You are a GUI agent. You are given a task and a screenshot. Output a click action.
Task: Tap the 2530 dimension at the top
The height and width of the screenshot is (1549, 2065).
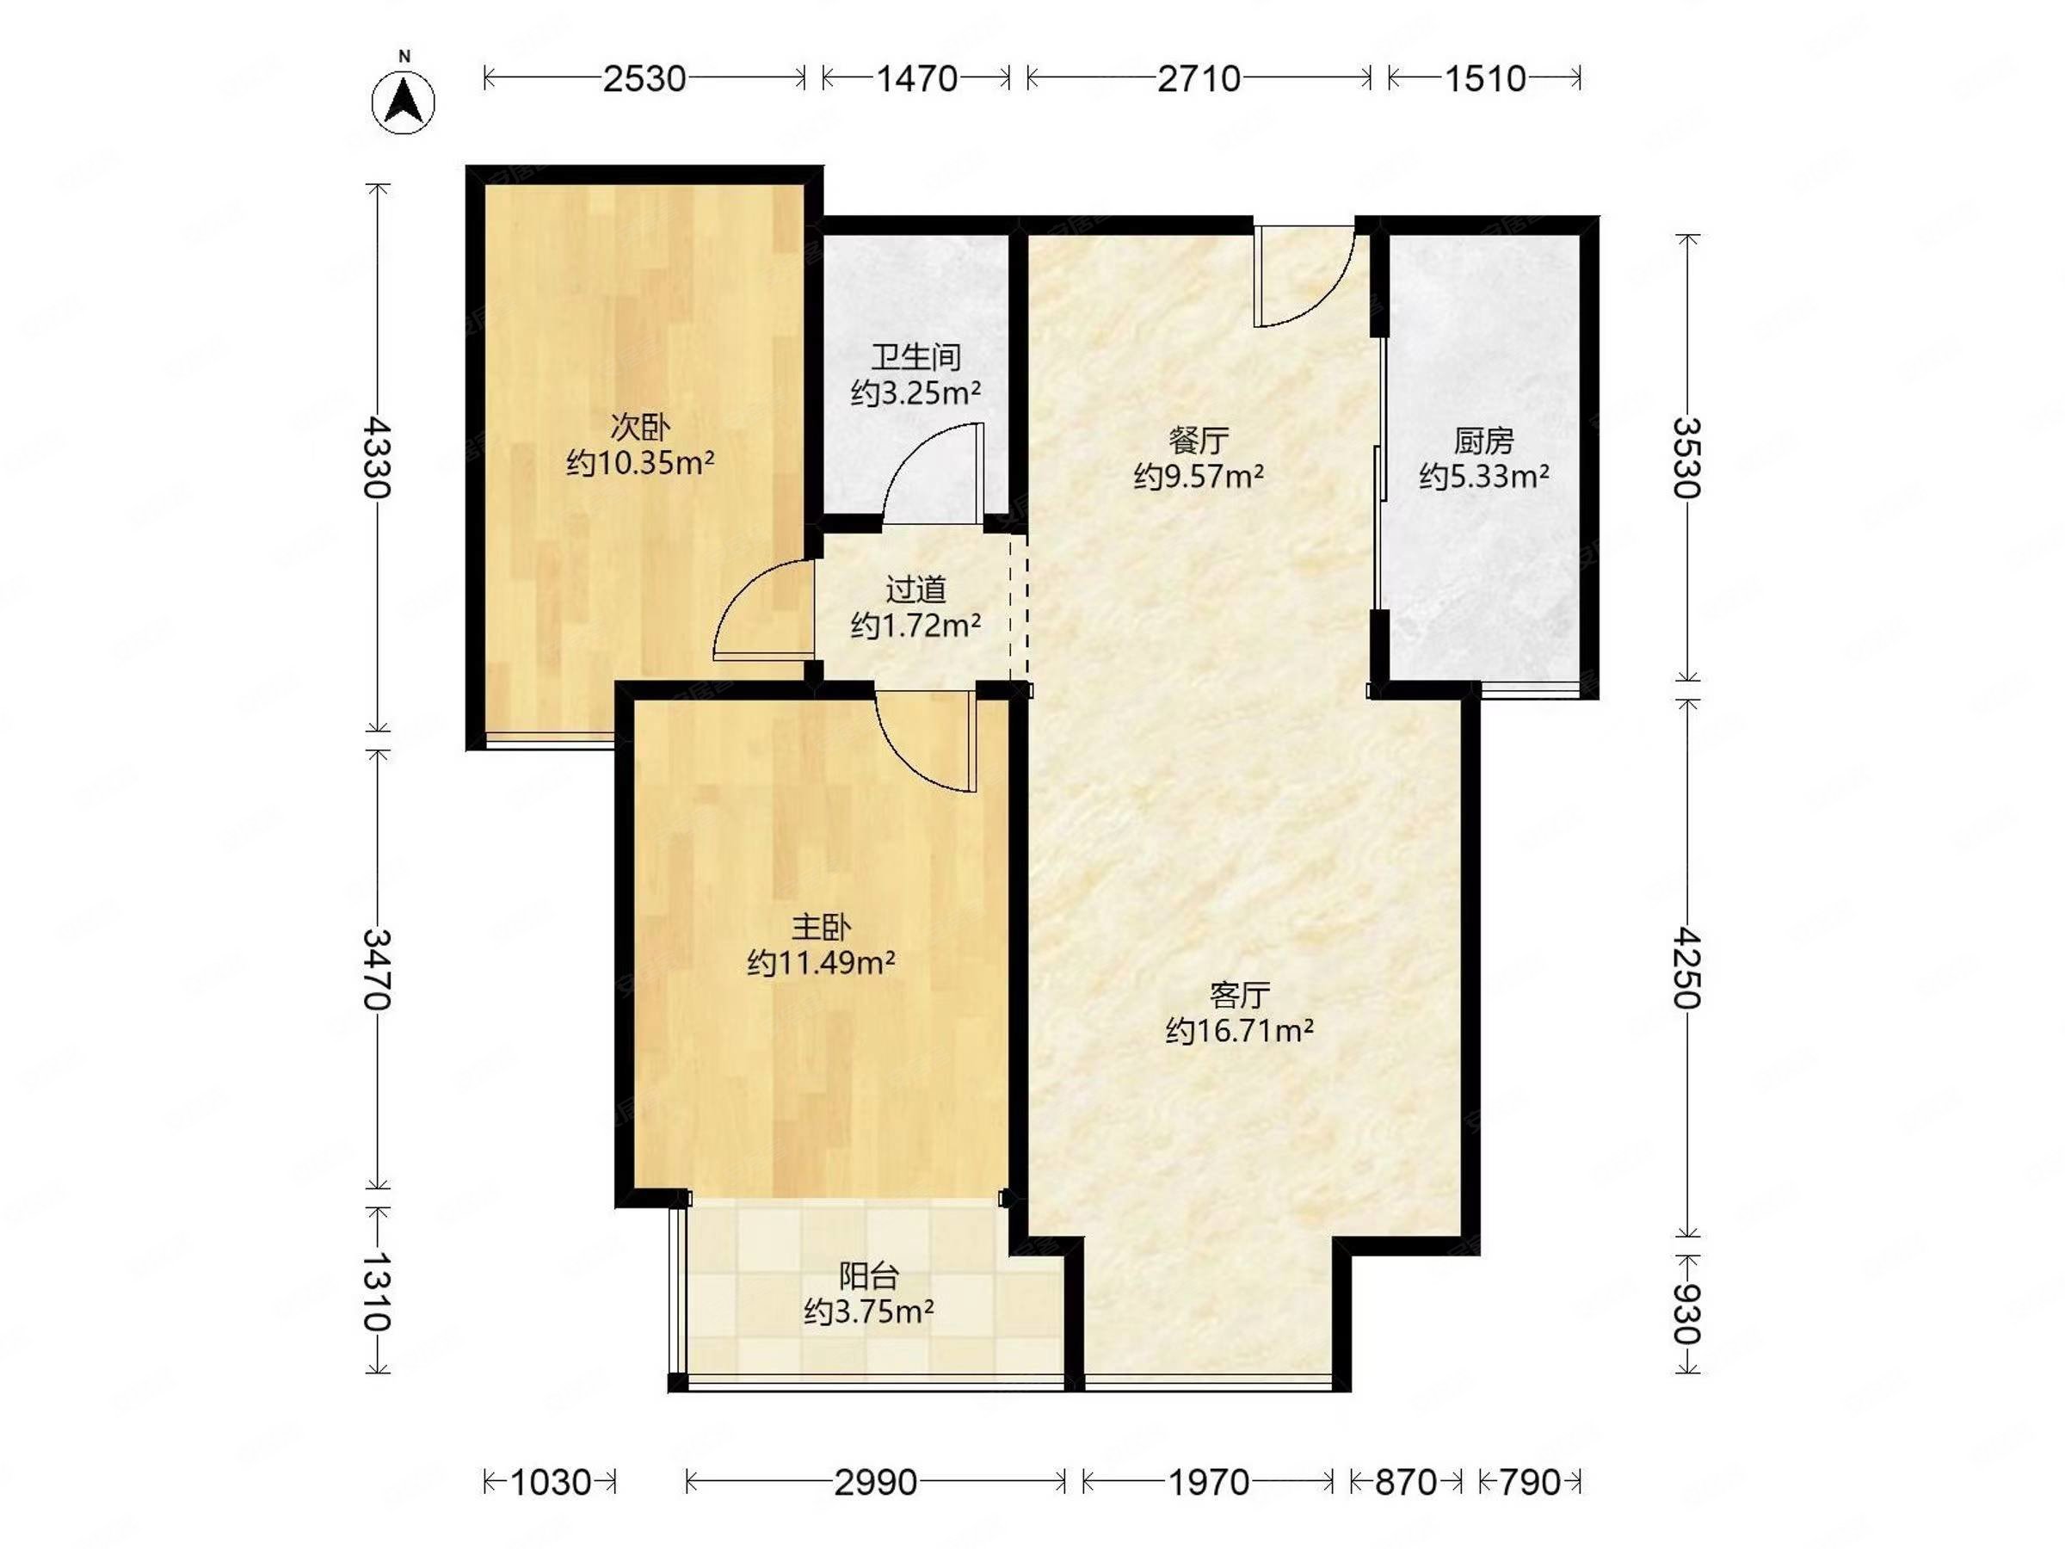644,78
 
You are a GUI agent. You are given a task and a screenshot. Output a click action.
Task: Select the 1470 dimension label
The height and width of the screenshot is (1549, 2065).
915,78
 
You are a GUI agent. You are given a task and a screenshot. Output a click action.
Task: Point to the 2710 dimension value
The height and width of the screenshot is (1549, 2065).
1199,78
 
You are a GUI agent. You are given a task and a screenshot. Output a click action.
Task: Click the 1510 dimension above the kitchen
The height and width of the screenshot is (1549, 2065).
1484,78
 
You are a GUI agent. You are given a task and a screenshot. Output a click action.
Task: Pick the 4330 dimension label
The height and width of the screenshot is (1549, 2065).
378,458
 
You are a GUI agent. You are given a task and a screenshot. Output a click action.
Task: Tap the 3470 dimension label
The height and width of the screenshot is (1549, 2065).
378,969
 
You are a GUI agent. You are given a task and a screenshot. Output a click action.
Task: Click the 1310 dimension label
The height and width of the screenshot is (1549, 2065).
378,1290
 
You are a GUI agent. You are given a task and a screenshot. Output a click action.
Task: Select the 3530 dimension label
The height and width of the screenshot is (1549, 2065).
1687,458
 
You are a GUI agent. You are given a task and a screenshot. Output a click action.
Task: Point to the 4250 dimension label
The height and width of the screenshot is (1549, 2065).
1687,967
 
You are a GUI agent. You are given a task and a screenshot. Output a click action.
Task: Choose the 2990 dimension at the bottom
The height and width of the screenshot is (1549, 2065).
876,1482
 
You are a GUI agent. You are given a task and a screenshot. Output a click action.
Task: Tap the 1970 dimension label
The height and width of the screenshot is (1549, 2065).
1208,1482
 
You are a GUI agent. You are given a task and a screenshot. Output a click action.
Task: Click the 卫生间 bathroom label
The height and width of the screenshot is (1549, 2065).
915,356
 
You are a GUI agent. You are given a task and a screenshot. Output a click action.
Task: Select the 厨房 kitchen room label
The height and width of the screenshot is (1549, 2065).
1483,440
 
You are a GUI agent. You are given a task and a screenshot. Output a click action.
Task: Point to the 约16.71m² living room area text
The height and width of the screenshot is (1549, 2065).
1240,1031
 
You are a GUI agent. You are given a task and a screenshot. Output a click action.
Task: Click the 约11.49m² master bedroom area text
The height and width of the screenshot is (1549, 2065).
822,962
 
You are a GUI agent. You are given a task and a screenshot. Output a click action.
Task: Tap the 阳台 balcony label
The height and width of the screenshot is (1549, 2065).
869,1275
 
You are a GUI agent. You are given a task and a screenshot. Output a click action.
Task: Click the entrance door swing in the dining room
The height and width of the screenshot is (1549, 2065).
1304,276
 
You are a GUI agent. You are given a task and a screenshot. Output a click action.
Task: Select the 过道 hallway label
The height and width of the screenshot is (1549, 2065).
915,589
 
